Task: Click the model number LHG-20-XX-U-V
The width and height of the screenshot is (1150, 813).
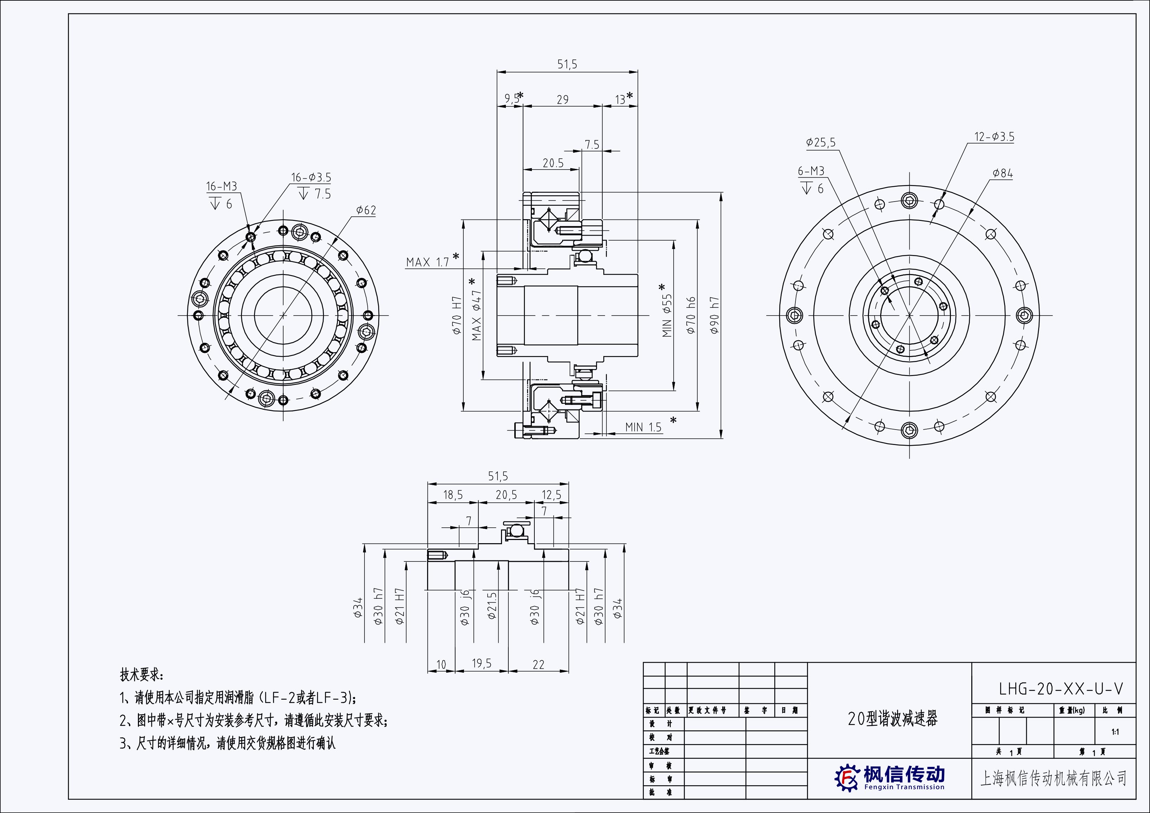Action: coord(1060,689)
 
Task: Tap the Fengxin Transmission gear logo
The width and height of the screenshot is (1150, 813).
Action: coord(847,777)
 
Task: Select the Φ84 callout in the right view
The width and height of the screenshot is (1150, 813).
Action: coord(1003,173)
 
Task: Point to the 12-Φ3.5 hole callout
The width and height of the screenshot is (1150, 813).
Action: coord(994,137)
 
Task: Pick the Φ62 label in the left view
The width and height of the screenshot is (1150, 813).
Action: coord(366,210)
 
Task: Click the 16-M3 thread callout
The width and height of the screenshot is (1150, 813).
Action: coord(221,186)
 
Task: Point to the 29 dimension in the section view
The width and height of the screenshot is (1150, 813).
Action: coord(563,100)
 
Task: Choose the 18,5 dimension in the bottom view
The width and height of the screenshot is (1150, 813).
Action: coord(453,495)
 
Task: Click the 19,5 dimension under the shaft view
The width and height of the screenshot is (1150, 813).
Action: coord(481,664)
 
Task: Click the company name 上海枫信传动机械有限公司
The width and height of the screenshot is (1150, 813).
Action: coord(1053,778)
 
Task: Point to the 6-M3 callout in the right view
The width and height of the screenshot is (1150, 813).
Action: coord(811,171)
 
